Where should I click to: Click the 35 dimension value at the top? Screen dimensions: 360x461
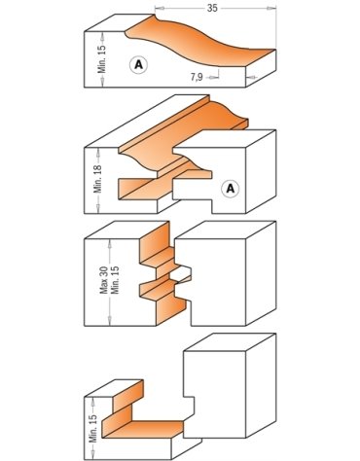click(x=212, y=8)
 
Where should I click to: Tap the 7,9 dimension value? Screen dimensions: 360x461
click(x=197, y=77)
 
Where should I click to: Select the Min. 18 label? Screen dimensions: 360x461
click(x=98, y=179)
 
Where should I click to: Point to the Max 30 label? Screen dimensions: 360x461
click(x=104, y=280)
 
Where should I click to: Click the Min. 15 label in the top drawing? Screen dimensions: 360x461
click(x=102, y=58)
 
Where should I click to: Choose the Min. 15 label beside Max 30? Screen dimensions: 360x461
click(x=115, y=280)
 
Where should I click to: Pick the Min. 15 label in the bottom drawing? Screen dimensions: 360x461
click(x=93, y=428)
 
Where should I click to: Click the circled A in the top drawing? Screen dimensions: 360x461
click(x=138, y=65)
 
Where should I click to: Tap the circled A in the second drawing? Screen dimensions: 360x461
click(x=231, y=189)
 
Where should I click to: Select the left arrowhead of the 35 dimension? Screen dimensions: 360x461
click(x=158, y=8)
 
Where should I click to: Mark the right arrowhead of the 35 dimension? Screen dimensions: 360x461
click(x=272, y=8)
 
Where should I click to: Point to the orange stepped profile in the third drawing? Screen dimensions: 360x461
click(x=160, y=274)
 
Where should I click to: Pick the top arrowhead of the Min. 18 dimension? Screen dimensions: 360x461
click(x=98, y=152)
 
